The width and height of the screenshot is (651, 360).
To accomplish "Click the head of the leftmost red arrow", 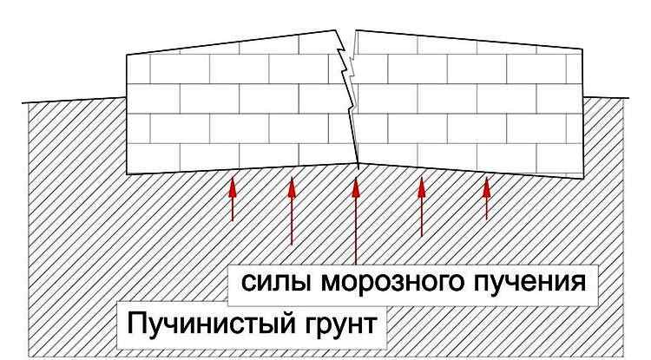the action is [233, 187].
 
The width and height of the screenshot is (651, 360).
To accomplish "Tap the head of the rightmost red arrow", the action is [487, 187].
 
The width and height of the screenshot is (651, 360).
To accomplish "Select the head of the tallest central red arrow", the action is [356, 187].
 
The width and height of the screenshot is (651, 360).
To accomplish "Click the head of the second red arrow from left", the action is [292, 187].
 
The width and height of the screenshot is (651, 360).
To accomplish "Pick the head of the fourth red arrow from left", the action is [422, 187].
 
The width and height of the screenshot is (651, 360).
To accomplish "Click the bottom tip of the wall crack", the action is [358, 164].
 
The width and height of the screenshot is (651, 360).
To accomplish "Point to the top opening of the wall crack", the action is [345, 30].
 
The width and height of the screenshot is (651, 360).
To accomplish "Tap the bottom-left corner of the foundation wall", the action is [127, 174].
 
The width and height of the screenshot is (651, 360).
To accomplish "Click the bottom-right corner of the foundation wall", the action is [582, 179].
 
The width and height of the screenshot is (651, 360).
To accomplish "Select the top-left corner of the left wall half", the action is [127, 55].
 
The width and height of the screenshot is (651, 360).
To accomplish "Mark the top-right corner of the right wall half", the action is [582, 49].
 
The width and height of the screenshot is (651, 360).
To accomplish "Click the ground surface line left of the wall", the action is [75, 100].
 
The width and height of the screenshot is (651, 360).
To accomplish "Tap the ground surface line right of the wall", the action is [606, 98].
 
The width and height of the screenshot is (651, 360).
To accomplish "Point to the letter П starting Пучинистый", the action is [135, 323].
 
